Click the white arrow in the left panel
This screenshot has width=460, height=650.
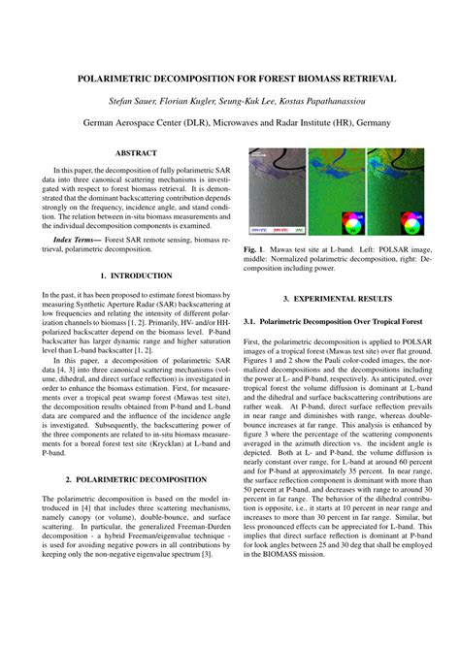pos(256,155)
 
